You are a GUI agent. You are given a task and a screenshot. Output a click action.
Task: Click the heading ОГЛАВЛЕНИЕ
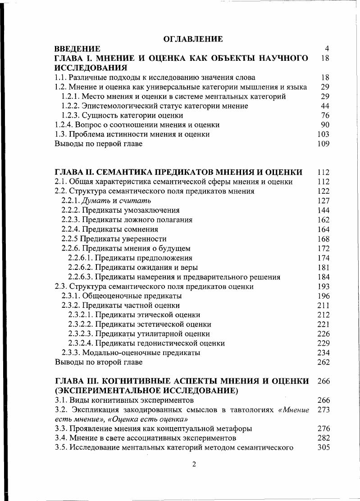tap(193, 39)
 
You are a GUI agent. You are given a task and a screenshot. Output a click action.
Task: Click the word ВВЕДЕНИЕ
tap(77, 49)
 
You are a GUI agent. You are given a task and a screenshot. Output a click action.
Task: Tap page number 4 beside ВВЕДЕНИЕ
tap(327, 49)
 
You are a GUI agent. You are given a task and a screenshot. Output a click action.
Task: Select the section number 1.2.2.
tap(72, 106)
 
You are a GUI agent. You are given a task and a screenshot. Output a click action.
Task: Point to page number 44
tap(325, 106)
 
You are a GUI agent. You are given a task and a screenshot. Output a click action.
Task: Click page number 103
tap(323, 134)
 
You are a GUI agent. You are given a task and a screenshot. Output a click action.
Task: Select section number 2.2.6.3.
tap(81, 277)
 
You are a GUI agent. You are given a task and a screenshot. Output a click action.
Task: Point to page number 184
tap(323, 277)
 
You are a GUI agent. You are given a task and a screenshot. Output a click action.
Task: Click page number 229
tap(323, 343)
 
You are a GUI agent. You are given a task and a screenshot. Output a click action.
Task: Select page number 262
tap(323, 362)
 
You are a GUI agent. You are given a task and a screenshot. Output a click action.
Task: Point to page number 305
tap(323, 448)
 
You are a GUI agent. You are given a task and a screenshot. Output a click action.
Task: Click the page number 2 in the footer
tap(194, 465)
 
